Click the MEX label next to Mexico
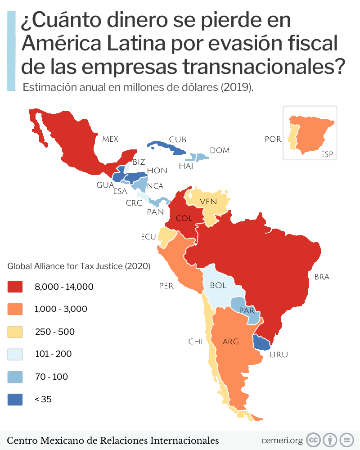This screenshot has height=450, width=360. tap(110, 139)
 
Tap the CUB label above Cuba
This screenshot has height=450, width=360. tap(177, 139)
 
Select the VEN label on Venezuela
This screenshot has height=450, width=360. tap(208, 201)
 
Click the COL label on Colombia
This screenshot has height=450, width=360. tap(184, 218)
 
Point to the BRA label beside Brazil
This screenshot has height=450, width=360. tap(322, 277)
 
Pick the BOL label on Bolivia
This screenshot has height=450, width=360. tap(218, 285)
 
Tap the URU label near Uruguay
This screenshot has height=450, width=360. tap(278, 355)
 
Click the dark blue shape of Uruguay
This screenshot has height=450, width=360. tap(261, 343)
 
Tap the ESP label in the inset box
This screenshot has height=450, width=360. tap(327, 154)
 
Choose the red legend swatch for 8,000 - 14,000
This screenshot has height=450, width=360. tap(15, 287)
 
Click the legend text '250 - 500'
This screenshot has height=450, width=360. tap(55, 332)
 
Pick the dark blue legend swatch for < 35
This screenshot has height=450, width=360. tap(15, 399)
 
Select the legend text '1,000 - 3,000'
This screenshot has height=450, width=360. tap(61, 309)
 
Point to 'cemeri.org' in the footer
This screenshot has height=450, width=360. tap(282, 440)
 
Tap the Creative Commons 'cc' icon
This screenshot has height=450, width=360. tap(313, 440)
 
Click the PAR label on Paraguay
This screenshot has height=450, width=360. tap(247, 310)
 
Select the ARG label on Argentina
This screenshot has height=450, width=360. tap(230, 342)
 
